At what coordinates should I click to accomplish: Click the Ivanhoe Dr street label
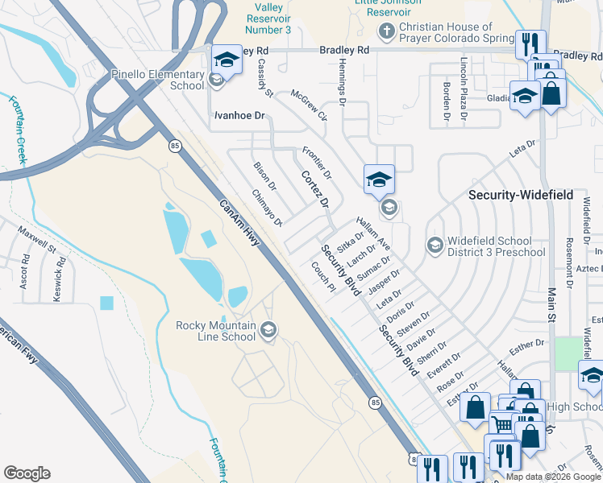pos(239,116)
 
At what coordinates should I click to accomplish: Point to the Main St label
pos(552,309)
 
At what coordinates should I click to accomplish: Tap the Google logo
pos(27,473)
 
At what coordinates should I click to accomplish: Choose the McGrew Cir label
pos(309,105)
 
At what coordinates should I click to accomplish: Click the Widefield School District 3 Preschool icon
pos(435,245)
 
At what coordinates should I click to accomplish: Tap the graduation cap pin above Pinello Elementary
pos(227,60)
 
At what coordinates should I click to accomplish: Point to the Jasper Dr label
pos(384,283)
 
